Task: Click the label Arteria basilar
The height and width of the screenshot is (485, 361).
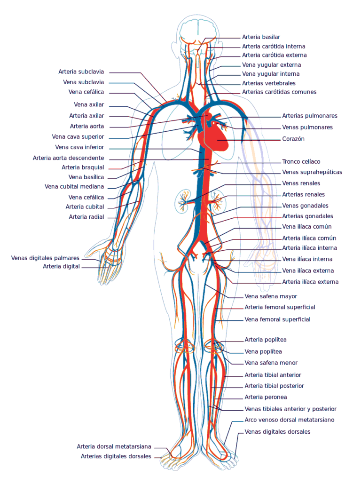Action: pos(261,37)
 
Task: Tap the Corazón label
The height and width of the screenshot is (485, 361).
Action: pos(293,139)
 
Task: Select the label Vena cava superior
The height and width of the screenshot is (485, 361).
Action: pos(78,137)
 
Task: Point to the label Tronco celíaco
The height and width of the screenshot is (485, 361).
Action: pos(301,161)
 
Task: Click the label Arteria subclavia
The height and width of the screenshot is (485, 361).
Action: pos(81,72)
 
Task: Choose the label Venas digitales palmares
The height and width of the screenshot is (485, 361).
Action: pos(45,258)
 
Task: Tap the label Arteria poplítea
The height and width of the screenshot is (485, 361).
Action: pos(266,340)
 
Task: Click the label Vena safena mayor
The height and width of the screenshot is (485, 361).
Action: pos(271,296)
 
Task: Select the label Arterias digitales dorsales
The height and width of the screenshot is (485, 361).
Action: pos(116,456)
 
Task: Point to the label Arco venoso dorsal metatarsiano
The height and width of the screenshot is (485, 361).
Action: pos(290,420)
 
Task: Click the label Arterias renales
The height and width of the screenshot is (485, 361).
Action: pos(303,194)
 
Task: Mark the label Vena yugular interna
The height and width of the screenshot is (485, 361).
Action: pos(271,74)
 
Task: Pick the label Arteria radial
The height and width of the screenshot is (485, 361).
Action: pos(86,217)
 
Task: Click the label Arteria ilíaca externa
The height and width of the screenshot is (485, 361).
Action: pos(310,282)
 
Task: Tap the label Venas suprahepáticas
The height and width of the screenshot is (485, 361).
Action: pos(312,172)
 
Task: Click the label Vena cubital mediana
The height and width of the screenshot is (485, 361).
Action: pos(74,186)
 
